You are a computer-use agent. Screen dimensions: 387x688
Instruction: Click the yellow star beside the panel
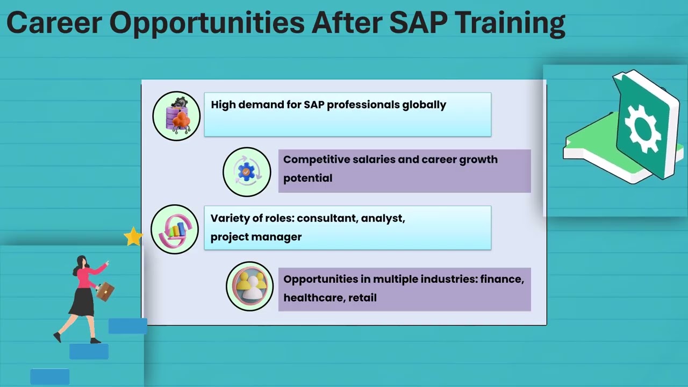[x=133, y=236]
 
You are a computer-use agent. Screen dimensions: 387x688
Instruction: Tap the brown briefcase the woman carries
[x=105, y=291]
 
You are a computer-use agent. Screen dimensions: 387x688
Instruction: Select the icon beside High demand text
[x=176, y=116]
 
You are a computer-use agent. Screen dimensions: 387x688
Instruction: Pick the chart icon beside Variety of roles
[x=175, y=230]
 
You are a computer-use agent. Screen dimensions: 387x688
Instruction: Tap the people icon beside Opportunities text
[x=250, y=286]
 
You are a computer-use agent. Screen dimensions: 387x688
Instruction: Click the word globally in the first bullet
[x=424, y=105]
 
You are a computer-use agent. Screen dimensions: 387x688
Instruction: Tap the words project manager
[x=256, y=236]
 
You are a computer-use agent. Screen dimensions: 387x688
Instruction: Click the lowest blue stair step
[x=49, y=376]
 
